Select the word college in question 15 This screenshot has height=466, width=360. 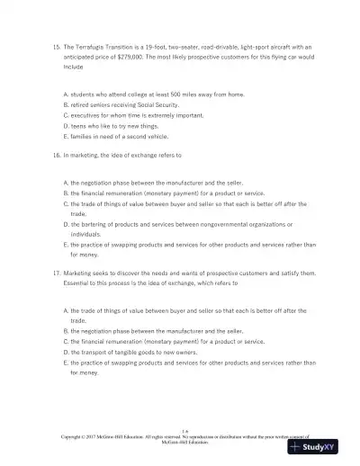pos(131,94)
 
